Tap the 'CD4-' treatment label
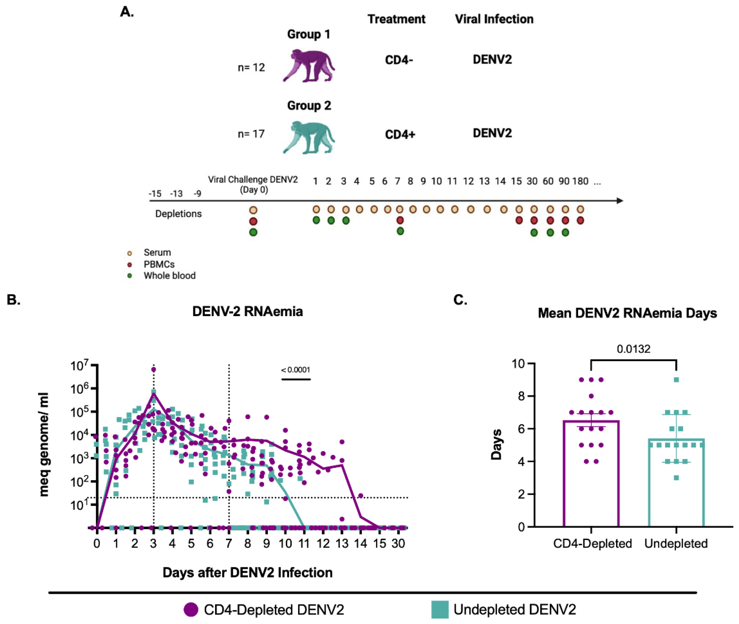click(x=399, y=60)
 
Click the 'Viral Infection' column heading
click(x=494, y=19)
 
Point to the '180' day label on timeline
click(x=580, y=181)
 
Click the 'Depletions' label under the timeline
click(x=178, y=214)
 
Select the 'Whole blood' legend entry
click(x=169, y=275)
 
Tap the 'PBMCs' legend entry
click(x=159, y=264)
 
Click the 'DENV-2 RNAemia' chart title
click(x=247, y=312)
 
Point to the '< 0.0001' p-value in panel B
click(x=295, y=370)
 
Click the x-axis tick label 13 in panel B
click(x=342, y=543)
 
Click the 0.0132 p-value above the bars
click(x=633, y=349)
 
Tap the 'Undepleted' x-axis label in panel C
click(x=676, y=543)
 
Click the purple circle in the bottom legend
click(x=191, y=609)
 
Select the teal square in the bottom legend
click(x=440, y=609)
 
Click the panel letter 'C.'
click(x=460, y=300)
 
